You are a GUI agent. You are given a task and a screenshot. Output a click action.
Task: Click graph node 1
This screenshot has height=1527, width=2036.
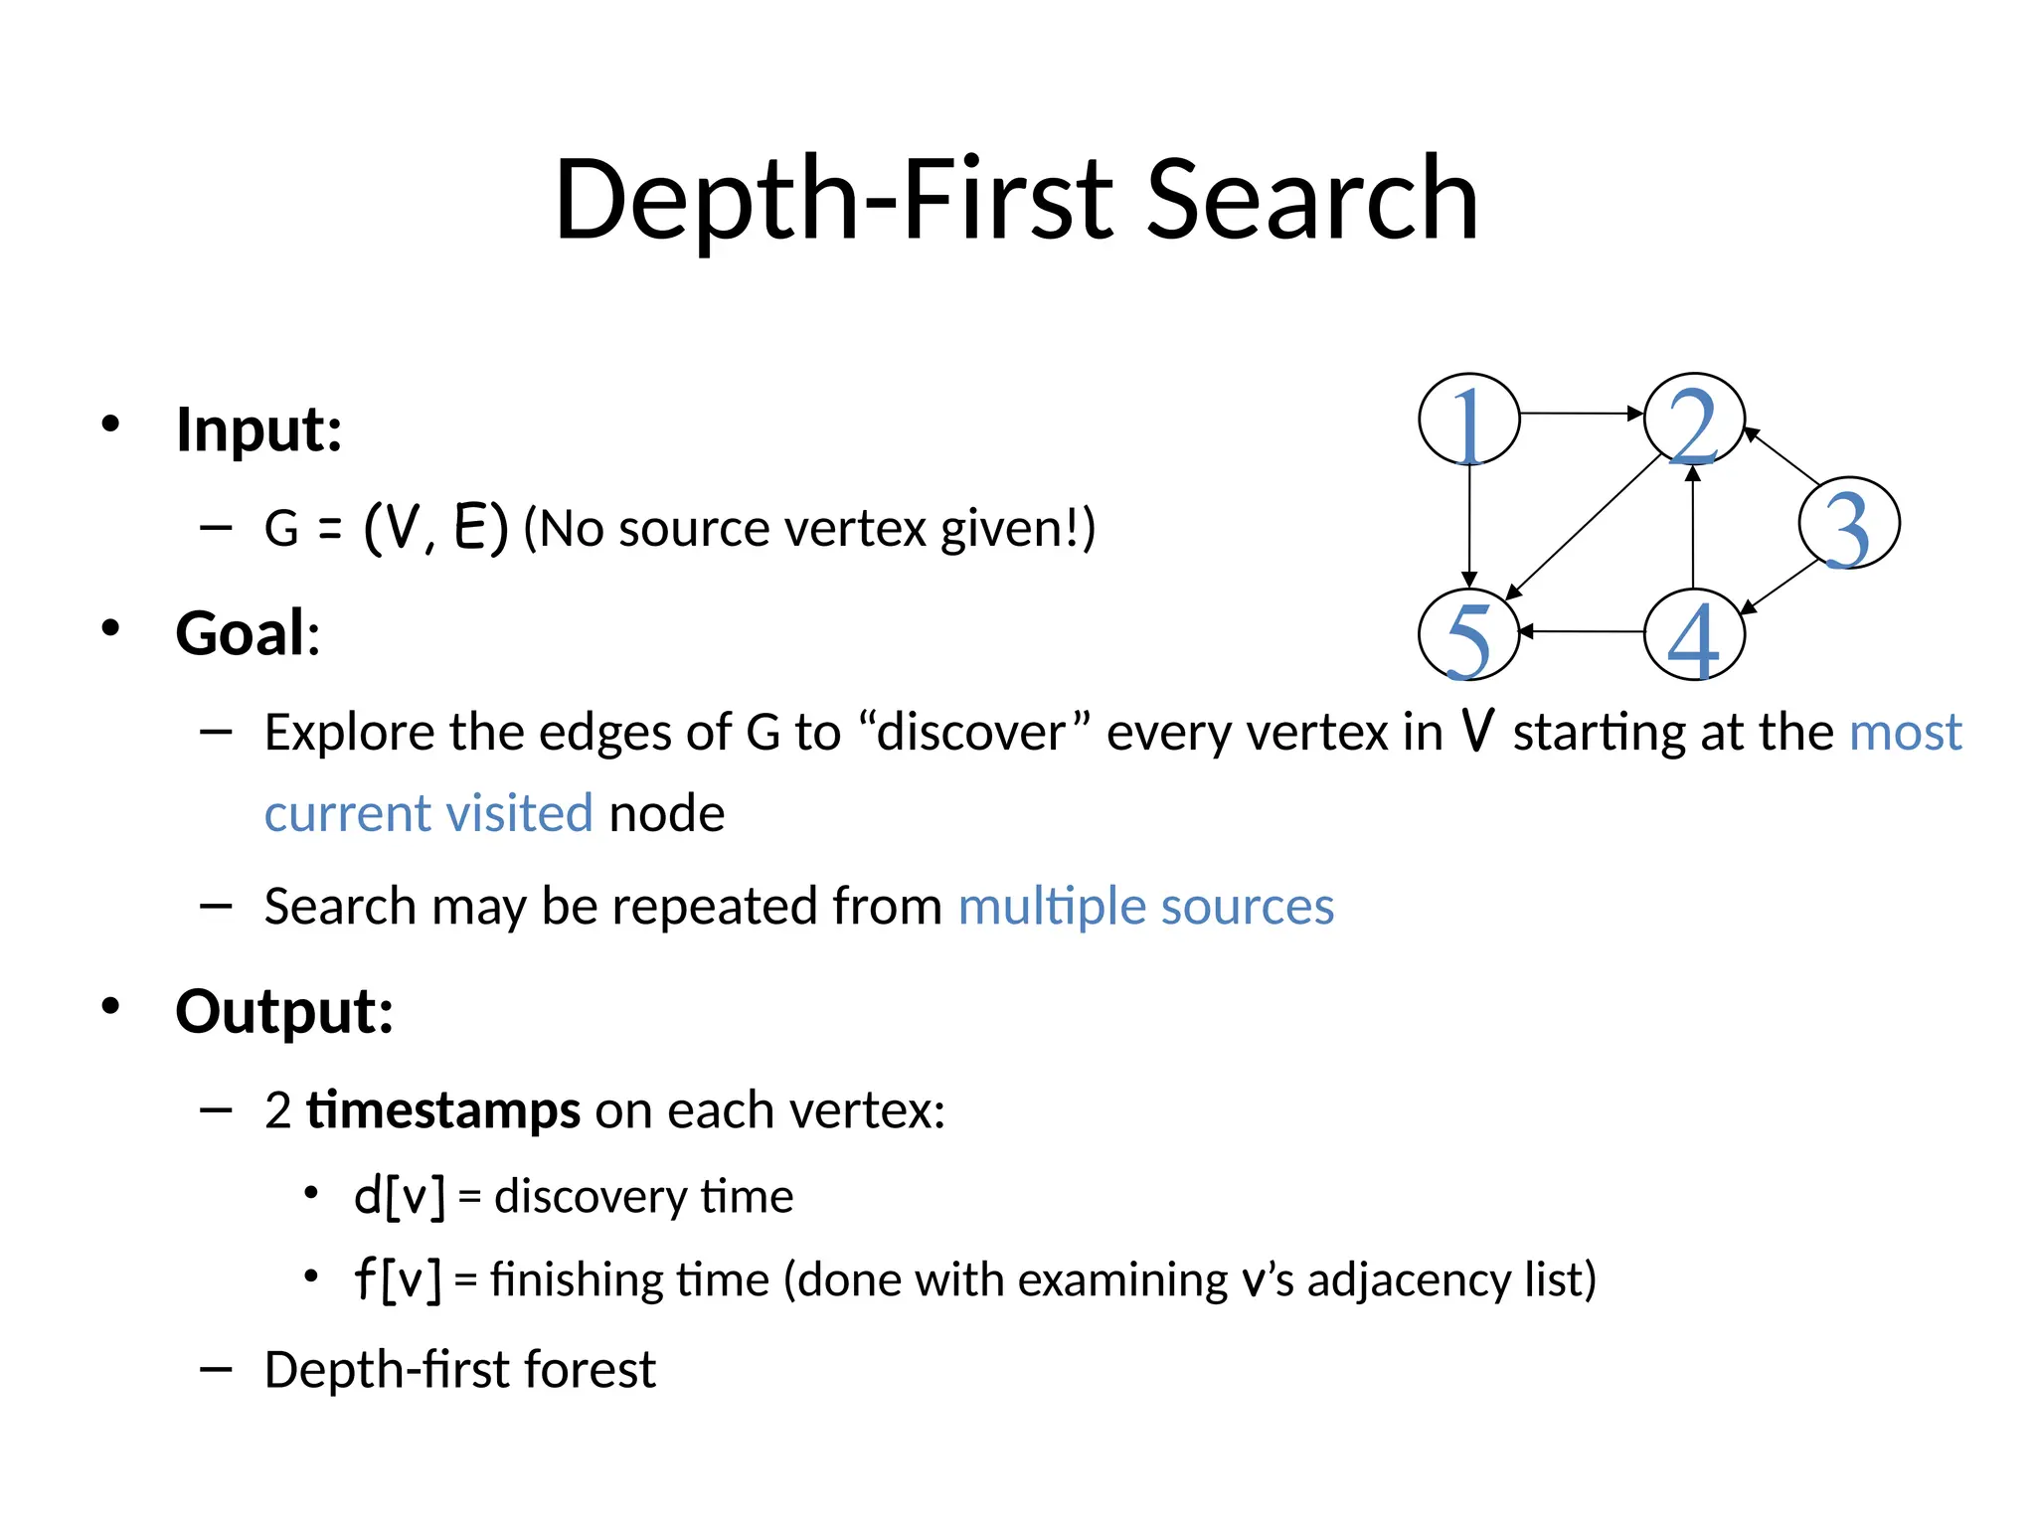point(1468,420)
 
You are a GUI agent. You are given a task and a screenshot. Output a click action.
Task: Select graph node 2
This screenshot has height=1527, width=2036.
point(1694,420)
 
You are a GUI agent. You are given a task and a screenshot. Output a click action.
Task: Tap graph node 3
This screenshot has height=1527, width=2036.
point(1848,524)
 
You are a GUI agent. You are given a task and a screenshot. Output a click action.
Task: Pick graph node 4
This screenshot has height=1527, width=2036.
point(1694,635)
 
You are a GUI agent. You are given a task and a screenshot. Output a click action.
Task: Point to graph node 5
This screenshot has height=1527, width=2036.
point(1468,635)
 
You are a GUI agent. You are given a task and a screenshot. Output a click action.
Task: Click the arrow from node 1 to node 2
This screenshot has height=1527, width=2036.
point(1581,413)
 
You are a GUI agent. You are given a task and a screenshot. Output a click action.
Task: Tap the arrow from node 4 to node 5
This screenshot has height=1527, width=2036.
point(1582,631)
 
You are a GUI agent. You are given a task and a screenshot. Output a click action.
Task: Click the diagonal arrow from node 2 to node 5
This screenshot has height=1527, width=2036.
point(1585,526)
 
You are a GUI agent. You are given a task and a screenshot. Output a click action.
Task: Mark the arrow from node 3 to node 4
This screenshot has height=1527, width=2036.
point(1781,588)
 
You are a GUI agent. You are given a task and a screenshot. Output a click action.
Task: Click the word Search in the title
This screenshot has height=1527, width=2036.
point(1312,199)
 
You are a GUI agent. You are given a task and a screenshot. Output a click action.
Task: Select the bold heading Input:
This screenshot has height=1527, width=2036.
point(258,429)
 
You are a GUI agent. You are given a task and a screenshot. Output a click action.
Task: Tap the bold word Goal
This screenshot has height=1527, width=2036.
point(241,633)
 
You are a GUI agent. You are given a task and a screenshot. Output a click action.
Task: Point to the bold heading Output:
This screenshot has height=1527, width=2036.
point(284,1011)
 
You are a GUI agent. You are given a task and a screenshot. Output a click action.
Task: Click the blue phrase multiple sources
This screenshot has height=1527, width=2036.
point(1145,907)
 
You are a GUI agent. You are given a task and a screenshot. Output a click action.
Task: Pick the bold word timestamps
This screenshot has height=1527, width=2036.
point(442,1109)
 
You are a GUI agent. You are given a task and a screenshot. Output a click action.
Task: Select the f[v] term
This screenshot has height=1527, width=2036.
point(398,1279)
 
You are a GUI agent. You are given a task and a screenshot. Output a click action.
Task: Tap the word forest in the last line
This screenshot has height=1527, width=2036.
point(591,1370)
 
